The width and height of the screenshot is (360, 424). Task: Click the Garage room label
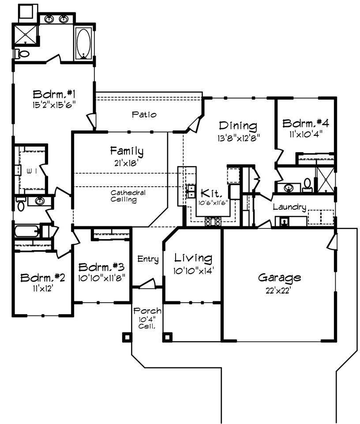point(279,278)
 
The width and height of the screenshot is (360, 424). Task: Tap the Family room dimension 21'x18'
point(126,163)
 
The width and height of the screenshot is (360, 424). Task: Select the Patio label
point(144,114)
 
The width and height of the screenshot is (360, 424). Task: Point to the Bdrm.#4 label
point(306,123)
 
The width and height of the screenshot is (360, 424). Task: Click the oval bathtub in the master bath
point(83,43)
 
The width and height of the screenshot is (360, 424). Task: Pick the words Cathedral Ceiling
point(127,196)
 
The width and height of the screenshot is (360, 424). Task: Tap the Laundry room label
point(289,207)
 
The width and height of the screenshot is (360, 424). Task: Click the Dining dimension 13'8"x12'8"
point(238,138)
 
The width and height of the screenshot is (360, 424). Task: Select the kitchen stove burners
point(213,221)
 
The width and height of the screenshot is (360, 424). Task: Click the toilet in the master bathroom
point(22,53)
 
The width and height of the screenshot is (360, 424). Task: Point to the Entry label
point(148,259)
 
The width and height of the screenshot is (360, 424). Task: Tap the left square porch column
point(127,337)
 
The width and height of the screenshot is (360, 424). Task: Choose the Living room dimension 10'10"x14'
point(193,270)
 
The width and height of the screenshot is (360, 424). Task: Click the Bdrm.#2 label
point(43,278)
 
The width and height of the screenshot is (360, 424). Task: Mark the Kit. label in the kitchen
point(211,193)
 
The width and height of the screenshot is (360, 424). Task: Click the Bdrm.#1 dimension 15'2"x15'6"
point(54,105)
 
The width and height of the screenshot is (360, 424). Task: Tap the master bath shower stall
point(25,34)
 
